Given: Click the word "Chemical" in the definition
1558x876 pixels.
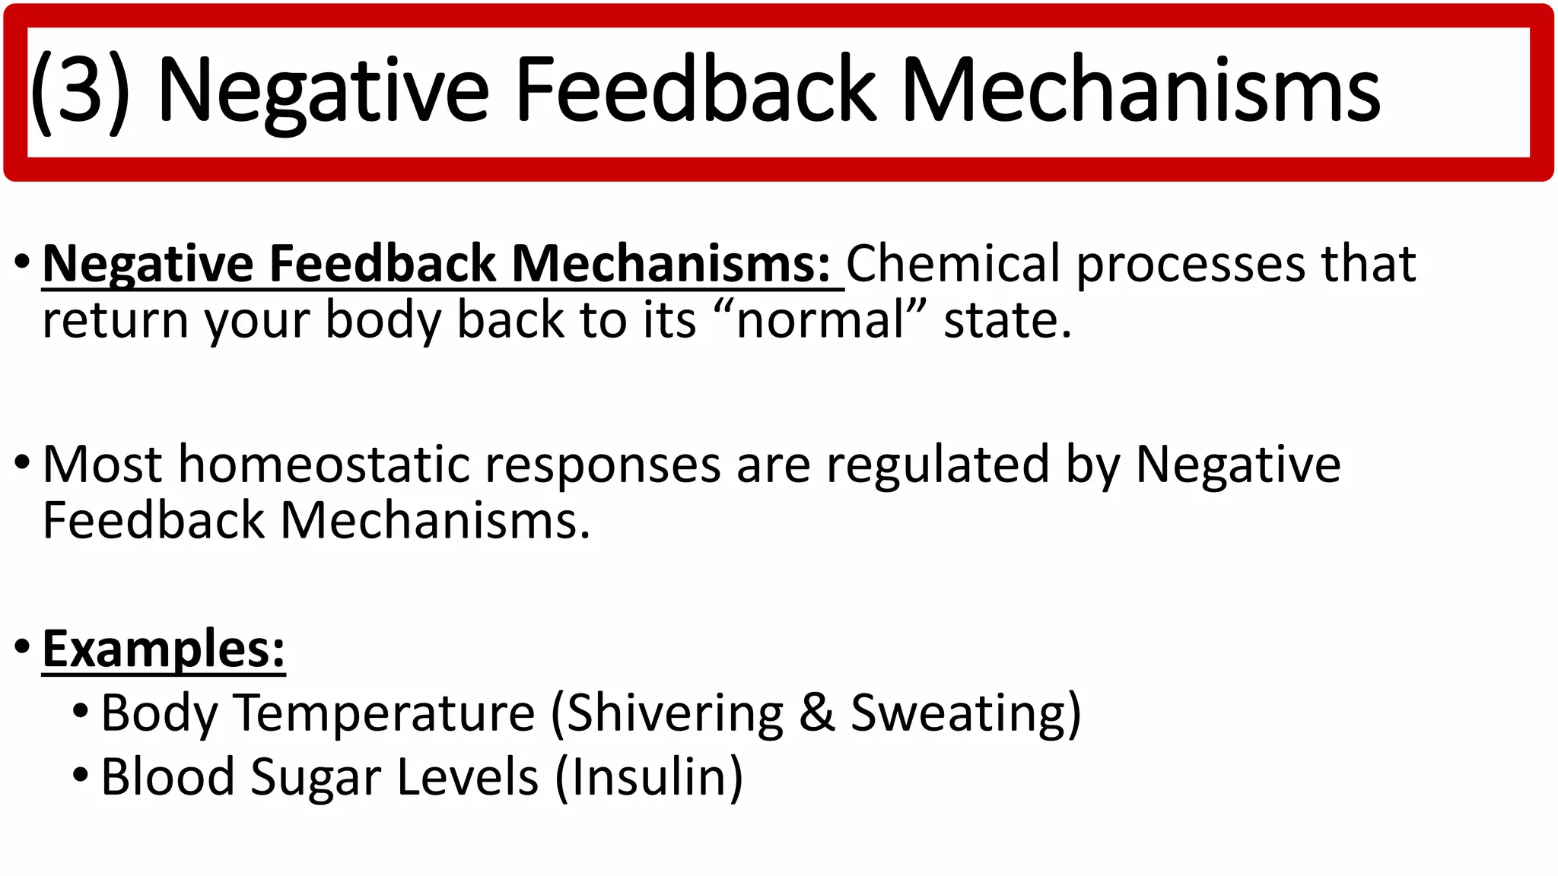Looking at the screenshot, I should (953, 264).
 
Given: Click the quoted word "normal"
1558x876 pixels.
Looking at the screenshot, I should (821, 320).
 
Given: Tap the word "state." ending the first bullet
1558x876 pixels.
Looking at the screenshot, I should (1007, 320).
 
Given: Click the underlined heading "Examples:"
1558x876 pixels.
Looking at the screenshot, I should (164, 649).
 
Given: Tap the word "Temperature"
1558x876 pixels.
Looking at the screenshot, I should (384, 713).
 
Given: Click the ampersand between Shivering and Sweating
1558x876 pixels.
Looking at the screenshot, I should (817, 713).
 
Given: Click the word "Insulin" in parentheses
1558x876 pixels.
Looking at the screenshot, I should (648, 777).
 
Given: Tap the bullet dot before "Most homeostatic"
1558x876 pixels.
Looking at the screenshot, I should (22, 462).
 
